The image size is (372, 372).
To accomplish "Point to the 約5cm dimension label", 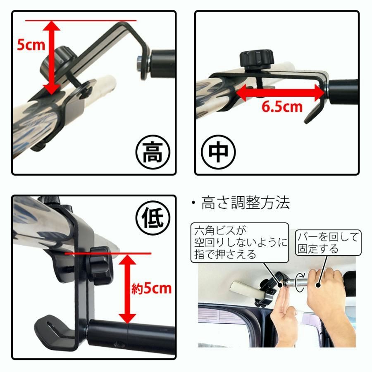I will tap(151, 288).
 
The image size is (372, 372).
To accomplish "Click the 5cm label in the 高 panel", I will tap(31, 44).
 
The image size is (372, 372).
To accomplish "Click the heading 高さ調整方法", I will tap(246, 203).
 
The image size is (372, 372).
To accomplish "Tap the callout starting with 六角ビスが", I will tap(240, 242).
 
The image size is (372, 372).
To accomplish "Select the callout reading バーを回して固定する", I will tap(328, 243).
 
